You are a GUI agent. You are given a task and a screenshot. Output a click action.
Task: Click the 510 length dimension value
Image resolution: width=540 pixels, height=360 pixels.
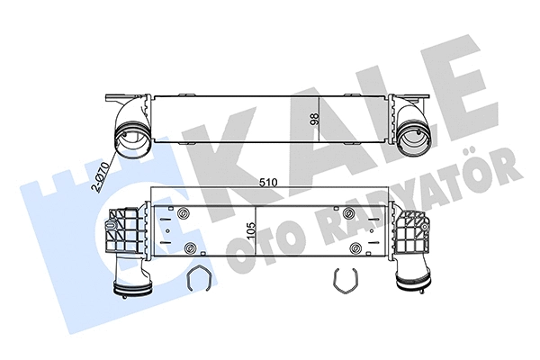pos(268,182)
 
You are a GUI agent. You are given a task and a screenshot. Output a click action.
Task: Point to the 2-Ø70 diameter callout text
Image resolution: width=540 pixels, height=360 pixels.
pos(101,175)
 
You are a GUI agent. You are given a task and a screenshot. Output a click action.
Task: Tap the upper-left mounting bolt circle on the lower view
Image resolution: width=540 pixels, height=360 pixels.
pos(183,213)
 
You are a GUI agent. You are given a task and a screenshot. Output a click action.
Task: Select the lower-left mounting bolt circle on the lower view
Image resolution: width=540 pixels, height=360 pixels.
pos(190,247)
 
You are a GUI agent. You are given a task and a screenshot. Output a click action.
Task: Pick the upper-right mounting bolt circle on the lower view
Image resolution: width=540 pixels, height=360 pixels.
pos(348,213)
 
